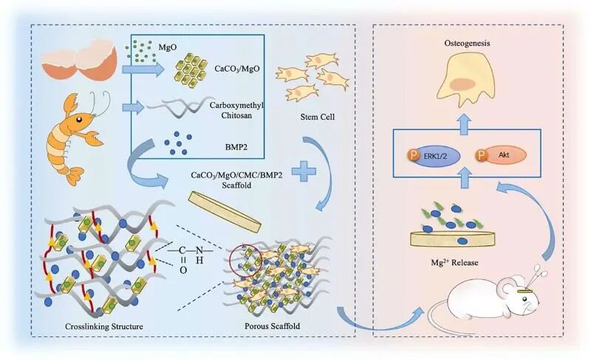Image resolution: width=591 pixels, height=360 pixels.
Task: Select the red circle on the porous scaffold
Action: coord(245,258)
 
